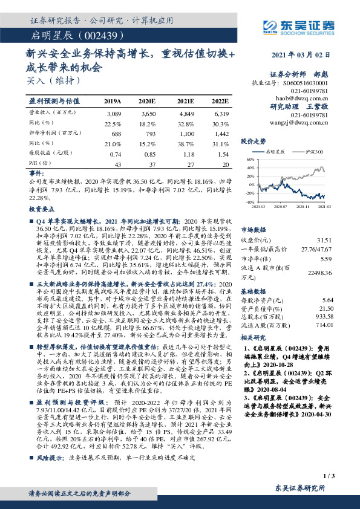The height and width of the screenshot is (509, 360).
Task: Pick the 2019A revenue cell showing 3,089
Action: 114,114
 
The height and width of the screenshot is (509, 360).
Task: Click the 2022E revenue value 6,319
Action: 221,114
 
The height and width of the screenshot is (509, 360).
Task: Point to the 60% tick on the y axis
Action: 249,160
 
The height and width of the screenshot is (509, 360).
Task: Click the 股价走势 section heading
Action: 254,141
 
